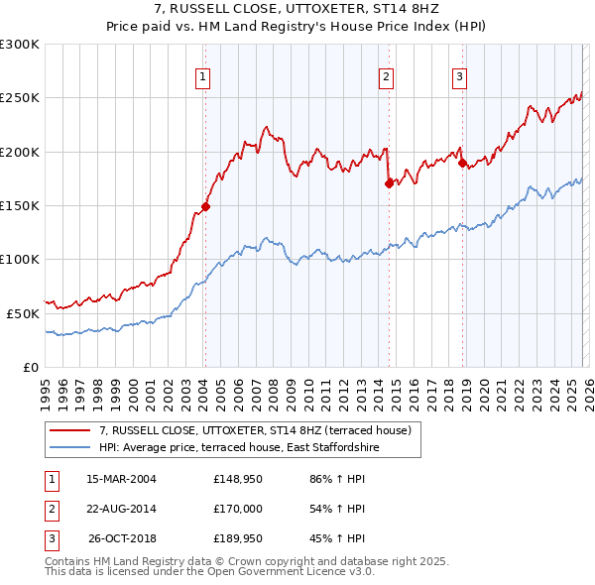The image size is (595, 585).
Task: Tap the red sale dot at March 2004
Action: (x=205, y=206)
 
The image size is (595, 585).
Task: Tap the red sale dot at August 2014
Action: (x=389, y=183)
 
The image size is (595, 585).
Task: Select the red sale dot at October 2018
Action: (x=462, y=164)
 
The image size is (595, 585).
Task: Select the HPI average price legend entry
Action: (x=239, y=448)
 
